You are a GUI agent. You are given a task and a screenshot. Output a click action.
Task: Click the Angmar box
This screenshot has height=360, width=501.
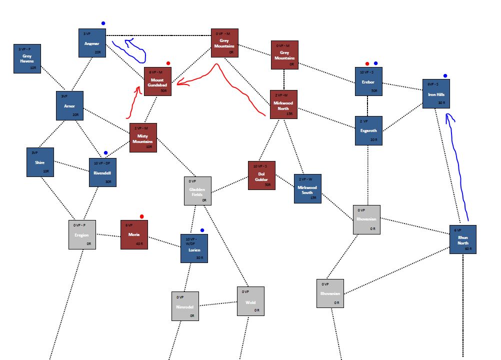point(92,42)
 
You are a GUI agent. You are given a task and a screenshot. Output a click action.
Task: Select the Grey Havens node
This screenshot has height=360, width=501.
point(27,58)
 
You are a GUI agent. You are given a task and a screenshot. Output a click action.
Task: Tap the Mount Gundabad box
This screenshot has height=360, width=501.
point(157,81)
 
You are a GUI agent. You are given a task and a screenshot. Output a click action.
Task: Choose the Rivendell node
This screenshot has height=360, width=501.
point(102,172)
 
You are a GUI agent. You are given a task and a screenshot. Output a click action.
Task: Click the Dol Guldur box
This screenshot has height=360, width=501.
point(261,175)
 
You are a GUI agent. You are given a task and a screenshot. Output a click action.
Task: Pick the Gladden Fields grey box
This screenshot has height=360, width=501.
point(197,190)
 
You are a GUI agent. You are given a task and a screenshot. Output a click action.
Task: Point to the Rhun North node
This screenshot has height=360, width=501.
point(462,239)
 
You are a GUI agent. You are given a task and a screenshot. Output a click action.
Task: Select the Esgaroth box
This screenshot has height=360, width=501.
point(368,130)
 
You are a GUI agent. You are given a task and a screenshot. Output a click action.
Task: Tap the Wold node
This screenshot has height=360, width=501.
point(250,301)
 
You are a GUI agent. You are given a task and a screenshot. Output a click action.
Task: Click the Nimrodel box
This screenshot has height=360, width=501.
point(184,306)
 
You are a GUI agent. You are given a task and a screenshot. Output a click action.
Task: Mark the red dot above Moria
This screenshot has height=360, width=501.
point(142,216)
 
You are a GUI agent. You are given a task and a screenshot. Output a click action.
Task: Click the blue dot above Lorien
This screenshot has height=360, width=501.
point(202,230)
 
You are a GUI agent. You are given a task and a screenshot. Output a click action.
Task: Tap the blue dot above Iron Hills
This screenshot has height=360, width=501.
point(445,76)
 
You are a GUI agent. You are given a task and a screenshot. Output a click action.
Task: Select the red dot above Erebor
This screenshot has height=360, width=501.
point(367,63)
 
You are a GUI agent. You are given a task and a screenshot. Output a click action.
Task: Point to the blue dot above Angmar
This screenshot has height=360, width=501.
point(103,23)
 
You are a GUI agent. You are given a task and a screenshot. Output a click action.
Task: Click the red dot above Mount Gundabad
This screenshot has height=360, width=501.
point(168,63)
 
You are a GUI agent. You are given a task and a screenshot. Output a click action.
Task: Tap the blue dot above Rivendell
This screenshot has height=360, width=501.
point(105,153)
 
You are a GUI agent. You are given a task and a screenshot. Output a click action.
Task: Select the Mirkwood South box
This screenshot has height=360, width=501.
point(307,188)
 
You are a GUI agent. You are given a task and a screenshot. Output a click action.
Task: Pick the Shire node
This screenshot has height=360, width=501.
point(40,162)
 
